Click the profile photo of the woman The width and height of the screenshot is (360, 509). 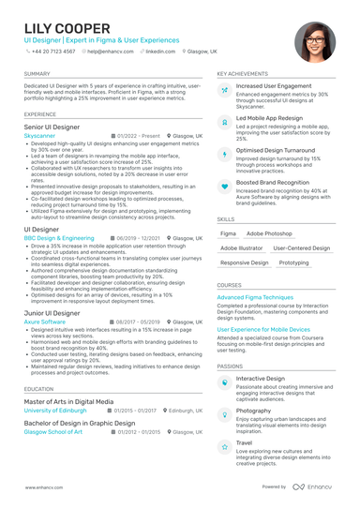click(315, 41)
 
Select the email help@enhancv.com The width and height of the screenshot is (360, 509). click(112, 52)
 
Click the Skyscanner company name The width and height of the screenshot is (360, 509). click(39, 136)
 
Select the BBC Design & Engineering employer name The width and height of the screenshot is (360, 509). click(59, 238)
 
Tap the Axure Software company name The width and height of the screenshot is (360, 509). click(44, 321)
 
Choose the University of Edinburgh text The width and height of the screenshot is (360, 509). click(57, 411)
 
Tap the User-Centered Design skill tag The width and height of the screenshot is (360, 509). click(301, 248)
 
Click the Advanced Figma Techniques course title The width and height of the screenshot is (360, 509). click(255, 297)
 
